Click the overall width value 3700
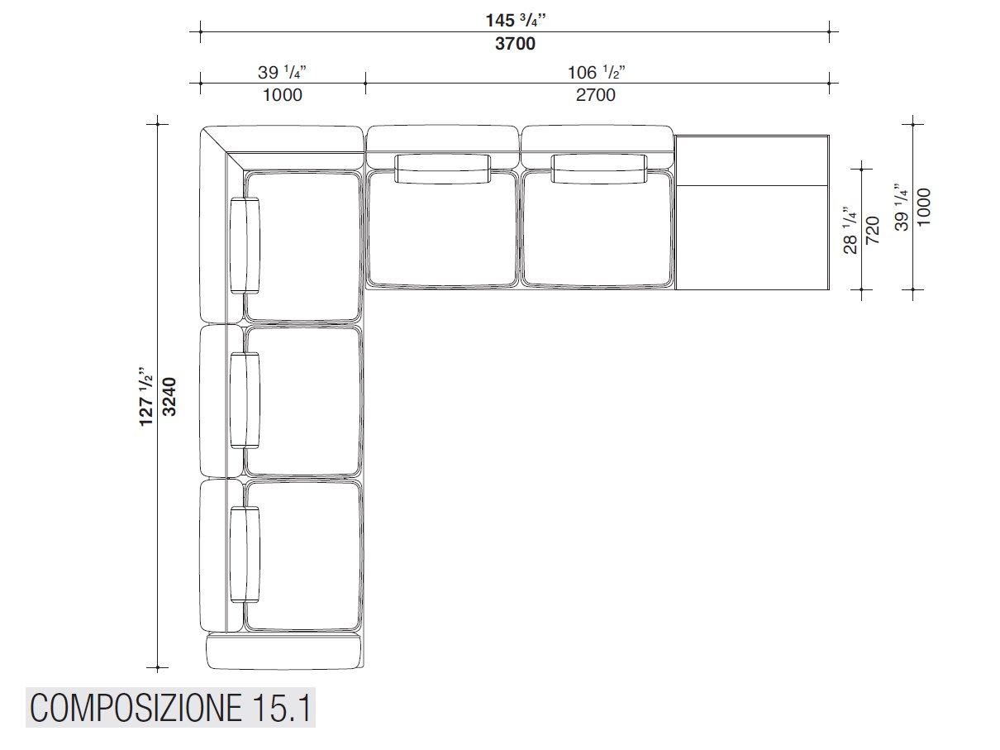pos(515,44)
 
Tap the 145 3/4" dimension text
pos(515,20)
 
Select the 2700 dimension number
pos(595,95)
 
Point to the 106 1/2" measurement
pos(596,72)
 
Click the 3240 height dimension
pos(169,396)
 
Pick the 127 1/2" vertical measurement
pos(145,396)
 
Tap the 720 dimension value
pos(872,230)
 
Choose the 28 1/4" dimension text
pos(850,230)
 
